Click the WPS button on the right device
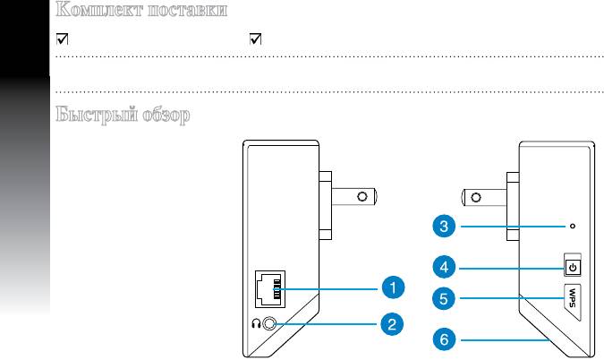pos(573,296)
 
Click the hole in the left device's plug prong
pos(362,195)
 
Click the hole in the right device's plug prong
pos(477,195)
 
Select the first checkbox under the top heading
pos(61,39)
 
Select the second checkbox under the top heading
pos(255,39)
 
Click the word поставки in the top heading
pos(182,12)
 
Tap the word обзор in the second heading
pos(164,116)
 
